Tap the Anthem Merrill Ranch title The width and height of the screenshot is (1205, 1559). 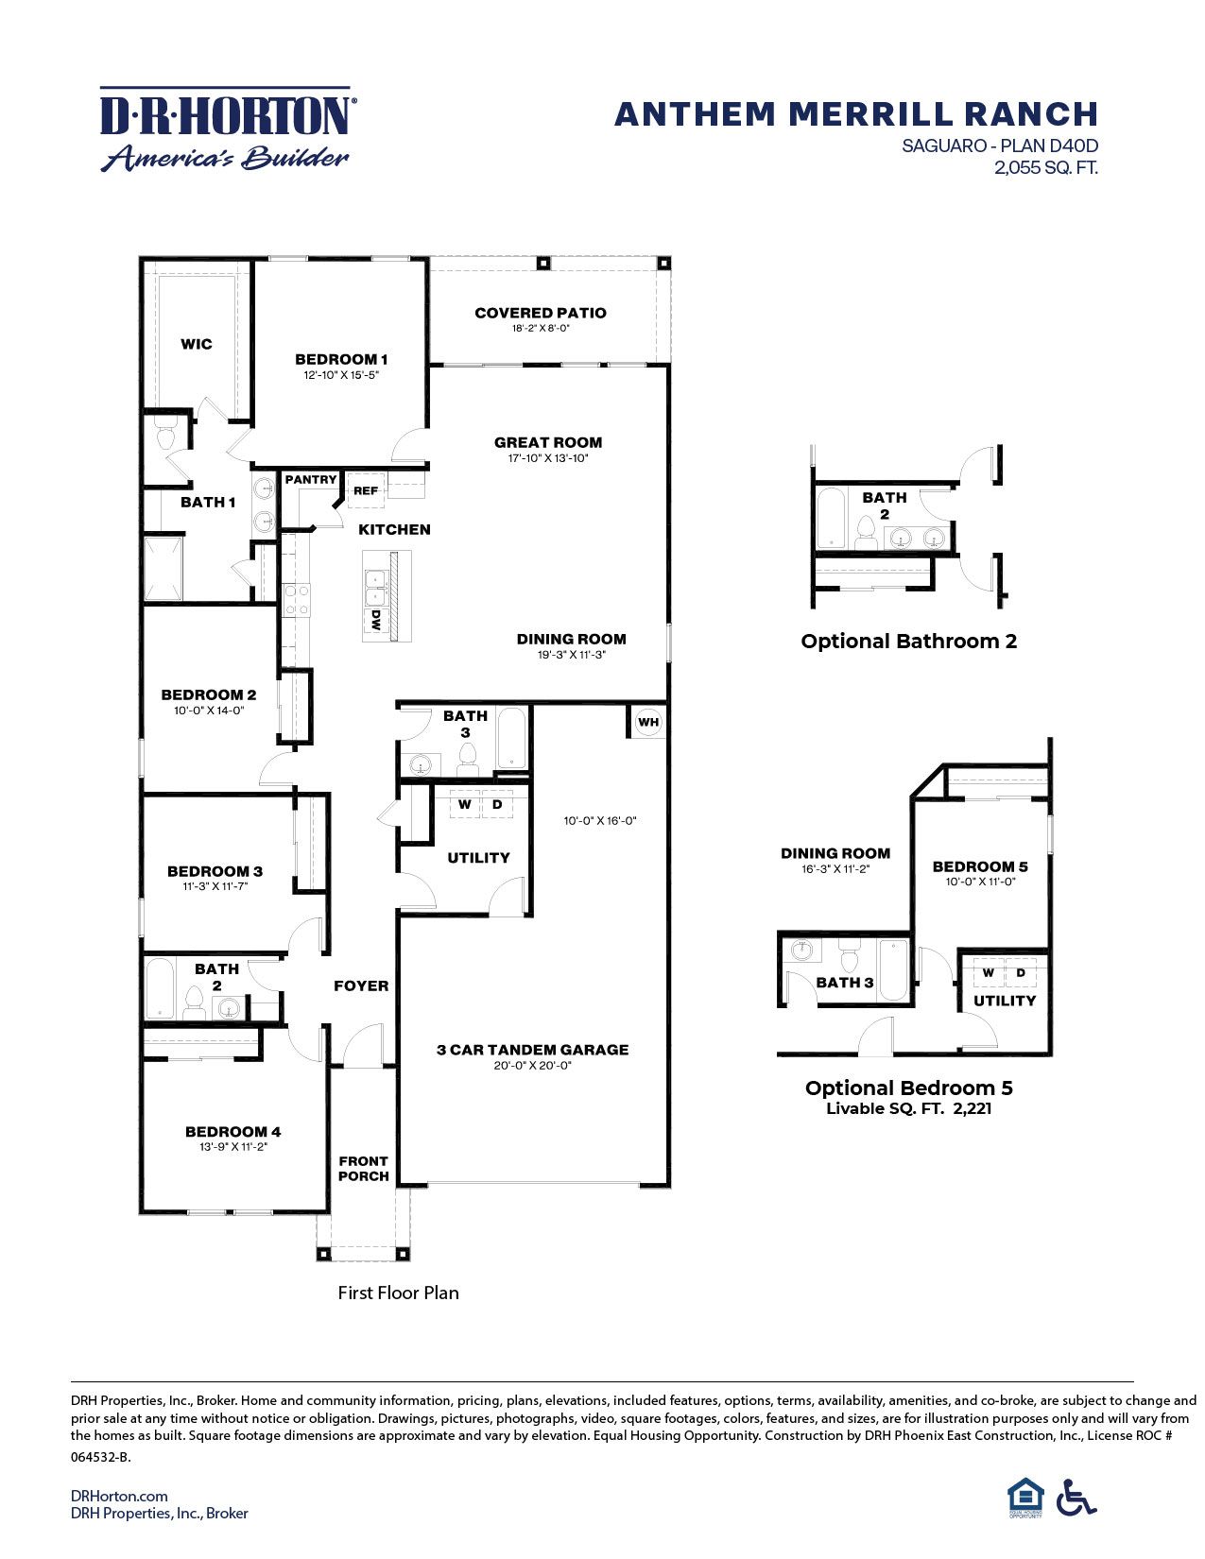(855, 114)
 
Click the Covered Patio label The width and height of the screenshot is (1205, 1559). (540, 313)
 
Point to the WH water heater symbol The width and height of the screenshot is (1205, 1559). (647, 723)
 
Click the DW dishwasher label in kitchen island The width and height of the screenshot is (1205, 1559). (376, 621)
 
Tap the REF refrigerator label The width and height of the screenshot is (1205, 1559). (366, 490)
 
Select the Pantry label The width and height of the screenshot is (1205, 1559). (311, 480)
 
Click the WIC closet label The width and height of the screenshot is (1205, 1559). (197, 344)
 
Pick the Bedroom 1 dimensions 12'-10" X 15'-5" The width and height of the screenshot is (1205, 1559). (341, 375)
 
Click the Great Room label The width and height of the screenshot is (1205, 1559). (547, 442)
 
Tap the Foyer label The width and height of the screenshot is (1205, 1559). (361, 985)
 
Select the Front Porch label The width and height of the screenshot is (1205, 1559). (364, 1169)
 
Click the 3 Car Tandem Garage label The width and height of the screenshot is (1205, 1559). (532, 1050)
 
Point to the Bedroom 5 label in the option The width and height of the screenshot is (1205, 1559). (980, 866)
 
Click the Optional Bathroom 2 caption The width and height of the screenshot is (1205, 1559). (908, 641)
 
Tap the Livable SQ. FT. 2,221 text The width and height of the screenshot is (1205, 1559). (908, 1109)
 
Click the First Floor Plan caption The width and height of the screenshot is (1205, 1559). (398, 1293)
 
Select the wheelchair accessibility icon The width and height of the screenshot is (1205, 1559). (1076, 1497)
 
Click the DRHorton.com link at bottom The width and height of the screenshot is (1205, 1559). (119, 1495)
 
